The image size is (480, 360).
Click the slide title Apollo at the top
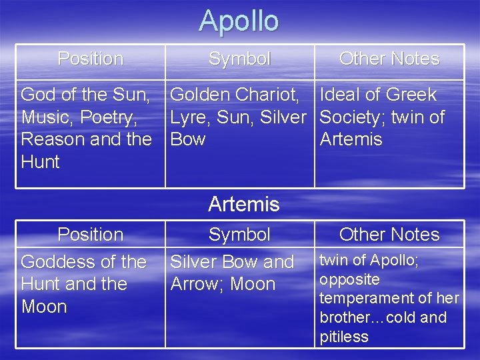pyautogui.click(x=239, y=21)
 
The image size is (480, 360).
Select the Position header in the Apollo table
pyautogui.click(x=90, y=59)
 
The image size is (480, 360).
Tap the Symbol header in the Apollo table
pyautogui.click(x=239, y=59)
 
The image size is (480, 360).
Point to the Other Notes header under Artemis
pyautogui.click(x=389, y=235)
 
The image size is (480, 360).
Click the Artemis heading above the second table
pyautogui.click(x=243, y=204)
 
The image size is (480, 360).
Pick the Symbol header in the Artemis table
pyautogui.click(x=239, y=235)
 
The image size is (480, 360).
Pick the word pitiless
pyautogui.click(x=344, y=337)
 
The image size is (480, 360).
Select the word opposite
pyautogui.click(x=349, y=279)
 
